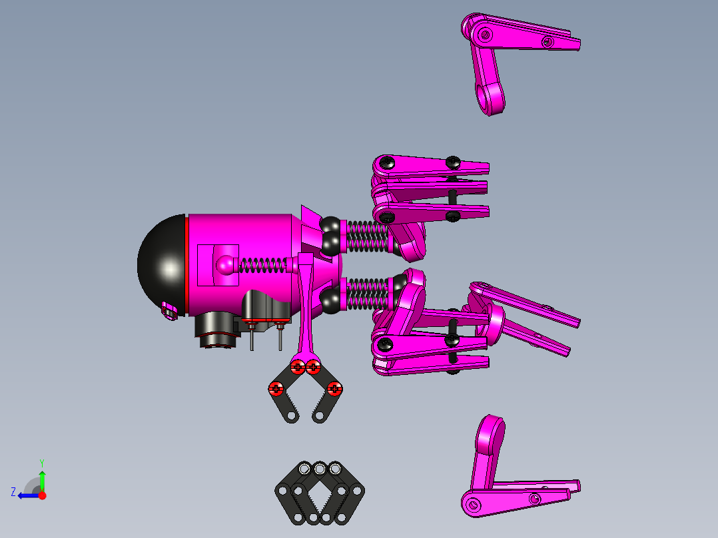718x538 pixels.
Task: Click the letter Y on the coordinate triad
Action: click(x=41, y=462)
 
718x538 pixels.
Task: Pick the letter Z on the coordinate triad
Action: click(x=13, y=491)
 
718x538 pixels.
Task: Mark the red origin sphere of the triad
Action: click(x=43, y=495)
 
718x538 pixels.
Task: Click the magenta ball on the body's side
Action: click(x=226, y=265)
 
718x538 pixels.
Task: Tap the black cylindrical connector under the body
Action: click(x=216, y=332)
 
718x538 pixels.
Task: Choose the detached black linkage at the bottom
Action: click(x=320, y=494)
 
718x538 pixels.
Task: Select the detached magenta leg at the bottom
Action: click(x=506, y=479)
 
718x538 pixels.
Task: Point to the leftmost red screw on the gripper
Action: click(x=275, y=388)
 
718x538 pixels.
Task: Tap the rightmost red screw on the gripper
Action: click(x=334, y=388)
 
